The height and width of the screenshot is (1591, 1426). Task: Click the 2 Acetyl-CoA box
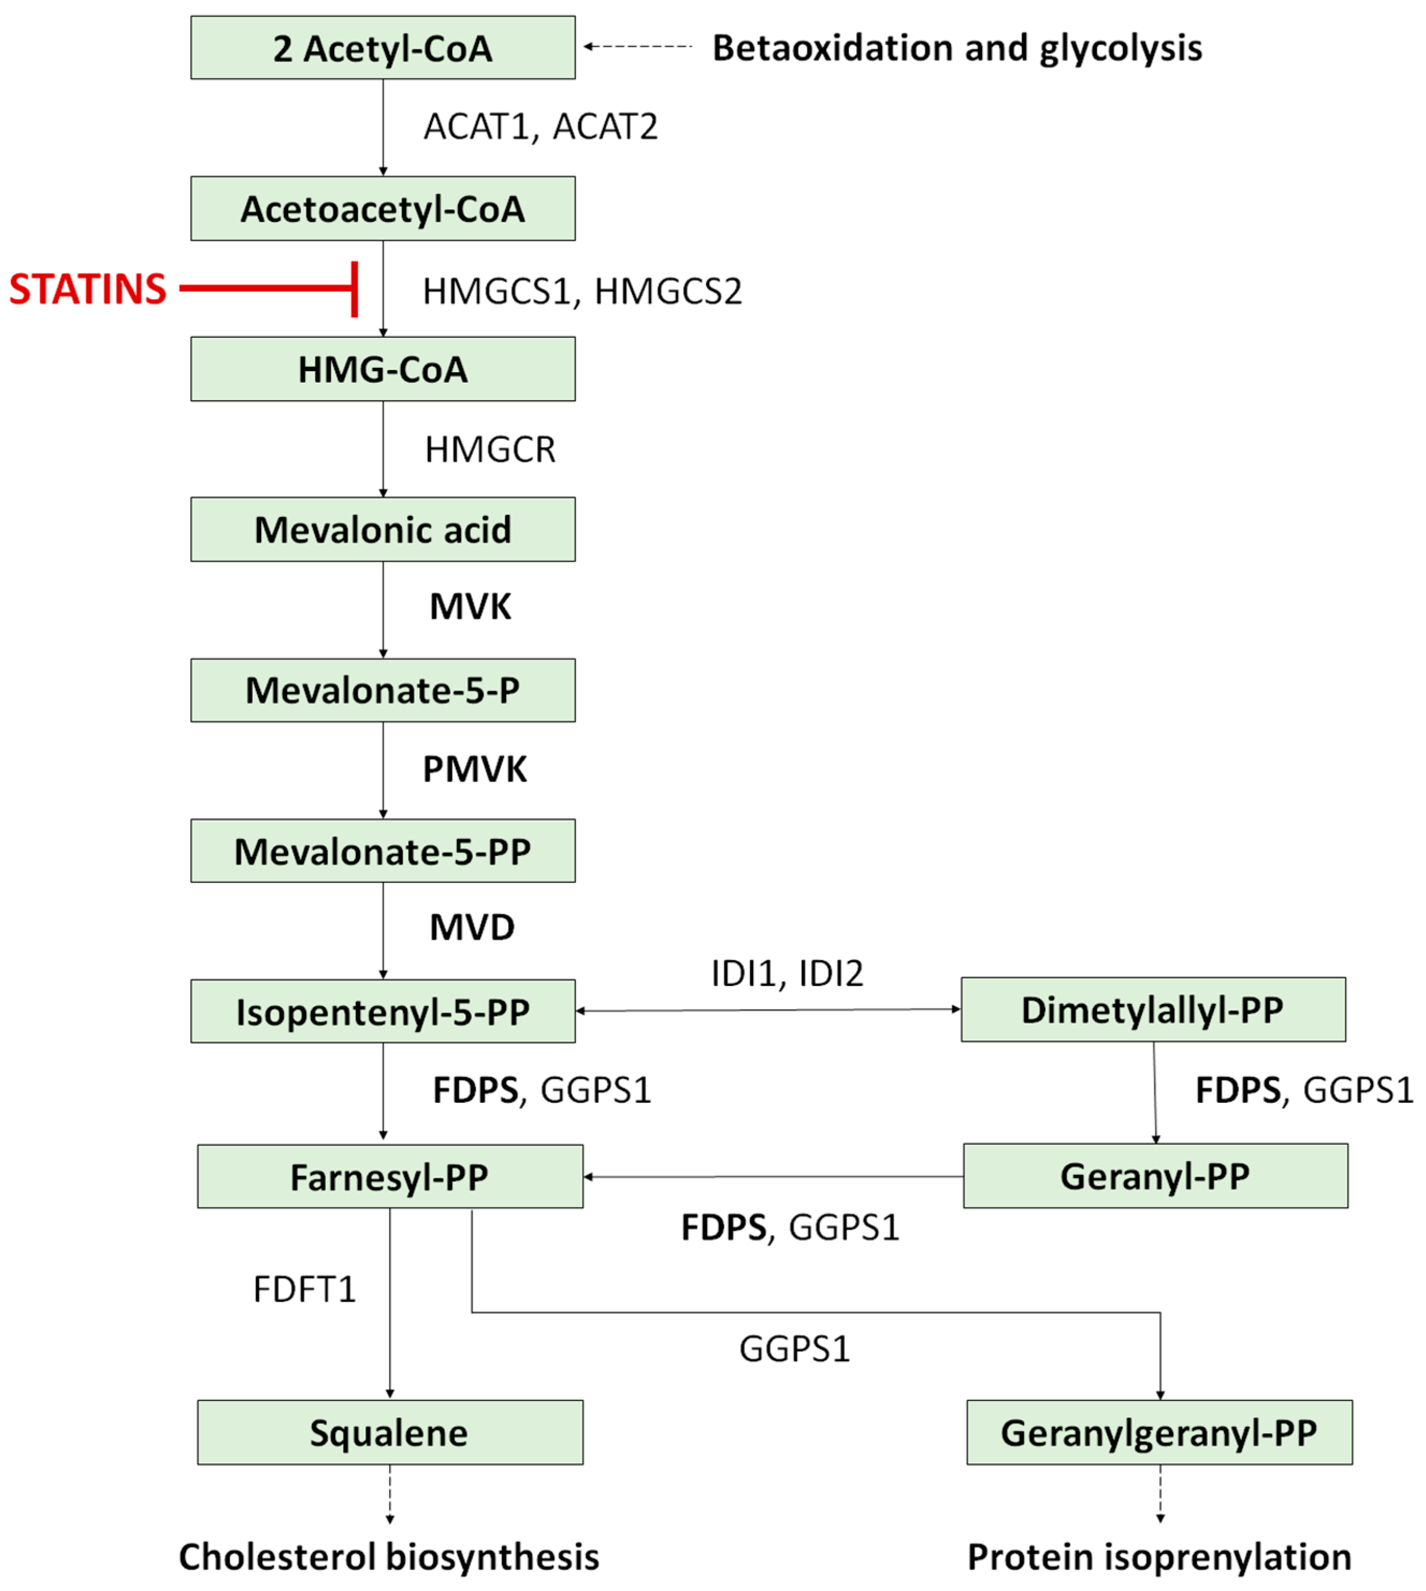pyautogui.click(x=382, y=48)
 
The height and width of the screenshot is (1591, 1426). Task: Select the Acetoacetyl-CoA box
pyautogui.click(x=382, y=208)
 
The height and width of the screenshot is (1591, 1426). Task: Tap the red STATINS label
pyautogui.click(x=88, y=289)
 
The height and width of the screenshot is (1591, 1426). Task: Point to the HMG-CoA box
pyautogui.click(x=382, y=369)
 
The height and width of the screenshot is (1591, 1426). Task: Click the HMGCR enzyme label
pyautogui.click(x=490, y=449)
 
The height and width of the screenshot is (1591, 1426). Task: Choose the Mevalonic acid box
pyautogui.click(x=382, y=529)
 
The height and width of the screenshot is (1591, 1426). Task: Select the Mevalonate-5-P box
pyautogui.click(x=382, y=690)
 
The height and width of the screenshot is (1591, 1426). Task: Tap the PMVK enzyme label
pyautogui.click(x=475, y=769)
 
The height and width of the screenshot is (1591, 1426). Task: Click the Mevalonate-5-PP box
pyautogui.click(x=382, y=851)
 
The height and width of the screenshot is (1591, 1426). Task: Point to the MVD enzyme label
pyautogui.click(x=472, y=927)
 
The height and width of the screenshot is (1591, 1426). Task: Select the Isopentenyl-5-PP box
pyautogui.click(x=382, y=1011)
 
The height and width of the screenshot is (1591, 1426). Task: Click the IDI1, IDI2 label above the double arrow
pyautogui.click(x=787, y=974)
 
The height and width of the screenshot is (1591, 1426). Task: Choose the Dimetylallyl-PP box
pyautogui.click(x=1153, y=1010)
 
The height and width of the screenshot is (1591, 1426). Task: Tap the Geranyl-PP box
pyautogui.click(x=1155, y=1176)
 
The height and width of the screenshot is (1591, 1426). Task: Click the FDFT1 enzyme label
pyautogui.click(x=304, y=1289)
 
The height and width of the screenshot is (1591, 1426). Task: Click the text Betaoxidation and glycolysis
pyautogui.click(x=957, y=48)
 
